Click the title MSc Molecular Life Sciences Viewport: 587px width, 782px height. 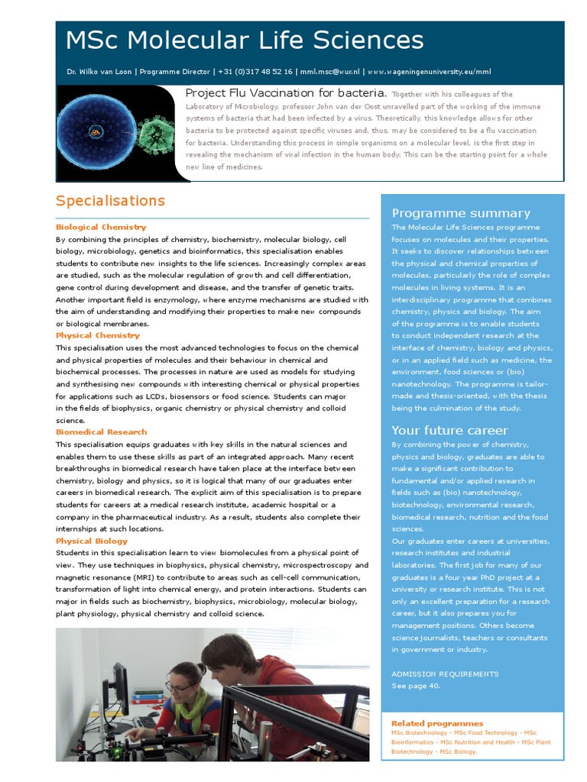tap(245, 40)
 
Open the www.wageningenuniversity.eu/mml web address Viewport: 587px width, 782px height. tap(429, 72)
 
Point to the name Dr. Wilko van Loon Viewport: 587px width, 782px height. tap(99, 72)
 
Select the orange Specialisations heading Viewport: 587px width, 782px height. tap(110, 201)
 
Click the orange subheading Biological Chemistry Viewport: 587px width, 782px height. tap(101, 227)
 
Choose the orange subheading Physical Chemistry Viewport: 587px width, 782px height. tap(98, 335)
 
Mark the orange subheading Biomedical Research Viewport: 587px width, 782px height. tap(101, 432)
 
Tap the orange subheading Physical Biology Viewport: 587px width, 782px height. tap(92, 541)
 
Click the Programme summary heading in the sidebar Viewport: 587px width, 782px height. tap(461, 213)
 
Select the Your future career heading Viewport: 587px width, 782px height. tap(449, 431)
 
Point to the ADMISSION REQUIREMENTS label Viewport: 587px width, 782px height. tap(445, 674)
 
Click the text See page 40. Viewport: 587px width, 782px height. tap(416, 686)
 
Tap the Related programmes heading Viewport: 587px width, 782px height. tap(437, 723)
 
